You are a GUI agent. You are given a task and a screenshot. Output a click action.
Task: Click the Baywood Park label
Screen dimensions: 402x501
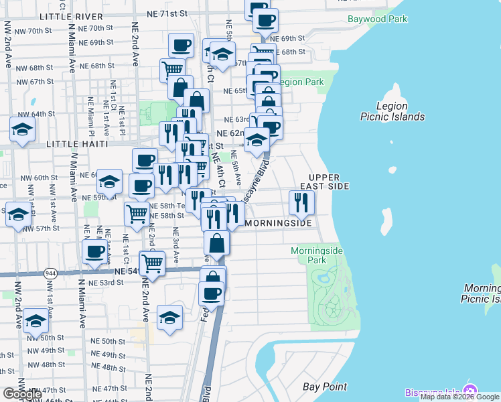377,19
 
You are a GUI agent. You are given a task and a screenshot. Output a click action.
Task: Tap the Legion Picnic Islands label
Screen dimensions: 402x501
392,111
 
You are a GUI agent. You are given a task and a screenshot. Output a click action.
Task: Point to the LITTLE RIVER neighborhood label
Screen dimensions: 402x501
72,15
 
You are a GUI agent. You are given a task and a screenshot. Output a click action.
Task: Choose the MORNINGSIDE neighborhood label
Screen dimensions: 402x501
279,222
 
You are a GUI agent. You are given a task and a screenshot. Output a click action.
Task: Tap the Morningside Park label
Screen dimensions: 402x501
317,255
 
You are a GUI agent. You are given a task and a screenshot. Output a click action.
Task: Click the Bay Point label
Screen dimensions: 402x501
325,387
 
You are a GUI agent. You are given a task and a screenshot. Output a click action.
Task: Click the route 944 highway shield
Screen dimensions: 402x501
51,273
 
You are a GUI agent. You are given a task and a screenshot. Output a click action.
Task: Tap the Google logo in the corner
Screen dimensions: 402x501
23,393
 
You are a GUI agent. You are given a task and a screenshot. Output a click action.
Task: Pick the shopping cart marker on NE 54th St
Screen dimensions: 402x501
153,265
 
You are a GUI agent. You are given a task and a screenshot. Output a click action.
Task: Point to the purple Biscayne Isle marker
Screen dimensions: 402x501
471,391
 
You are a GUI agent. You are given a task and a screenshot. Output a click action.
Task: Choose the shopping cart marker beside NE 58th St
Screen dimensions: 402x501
137,214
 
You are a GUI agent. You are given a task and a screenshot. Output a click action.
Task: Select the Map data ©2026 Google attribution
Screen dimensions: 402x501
460,397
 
